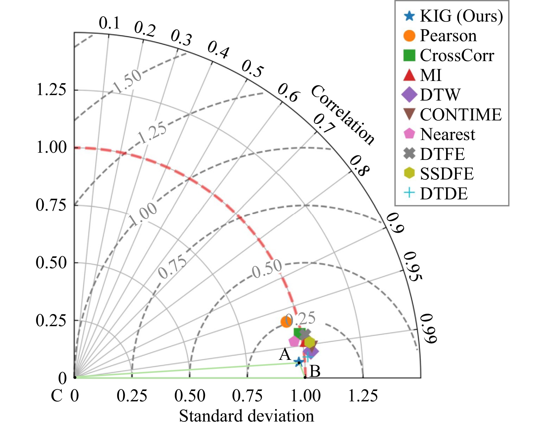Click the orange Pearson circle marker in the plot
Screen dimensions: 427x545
pyautogui.click(x=286, y=322)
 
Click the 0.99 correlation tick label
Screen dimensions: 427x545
pyautogui.click(x=428, y=329)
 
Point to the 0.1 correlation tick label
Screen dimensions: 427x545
pyautogui.click(x=109, y=23)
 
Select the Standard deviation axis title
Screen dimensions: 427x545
pyautogui.click(x=247, y=416)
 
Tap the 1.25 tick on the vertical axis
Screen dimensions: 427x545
pyautogui.click(x=51, y=90)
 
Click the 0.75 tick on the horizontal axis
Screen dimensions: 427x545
pyautogui.click(x=247, y=396)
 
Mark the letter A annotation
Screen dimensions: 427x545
pyautogui.click(x=285, y=354)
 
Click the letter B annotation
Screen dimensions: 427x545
pyautogui.click(x=315, y=371)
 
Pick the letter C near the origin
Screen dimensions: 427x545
pyautogui.click(x=57, y=396)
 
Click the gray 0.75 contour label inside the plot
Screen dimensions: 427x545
pyautogui.click(x=172, y=268)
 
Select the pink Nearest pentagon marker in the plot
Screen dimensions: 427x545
pyautogui.click(x=294, y=341)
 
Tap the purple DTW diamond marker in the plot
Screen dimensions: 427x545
pyautogui.click(x=311, y=351)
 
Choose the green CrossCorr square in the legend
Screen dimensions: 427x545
pyautogui.click(x=409, y=55)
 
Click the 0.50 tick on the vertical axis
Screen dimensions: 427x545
pyautogui.click(x=51, y=262)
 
